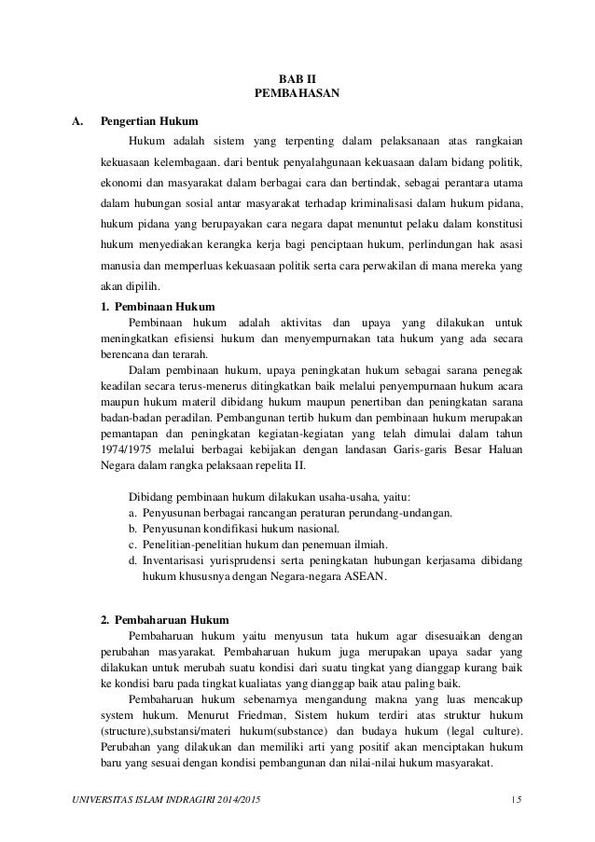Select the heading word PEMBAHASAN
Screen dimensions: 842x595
297,94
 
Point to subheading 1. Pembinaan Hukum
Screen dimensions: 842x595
158,306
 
